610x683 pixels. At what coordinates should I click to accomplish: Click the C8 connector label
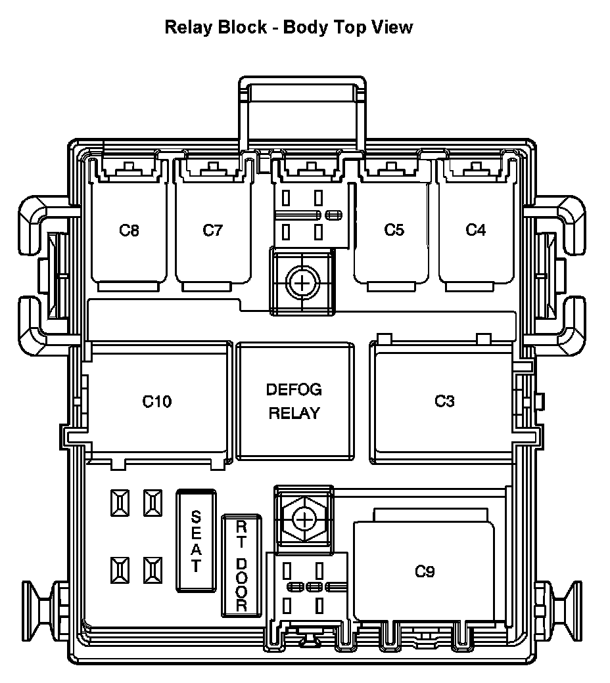[129, 231]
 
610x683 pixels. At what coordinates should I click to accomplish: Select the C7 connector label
[212, 231]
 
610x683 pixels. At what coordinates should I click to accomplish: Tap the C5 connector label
[394, 231]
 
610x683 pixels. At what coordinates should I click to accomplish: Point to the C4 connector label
[475, 231]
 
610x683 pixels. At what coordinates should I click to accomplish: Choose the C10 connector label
[157, 401]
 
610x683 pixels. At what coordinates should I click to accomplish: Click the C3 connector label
[444, 401]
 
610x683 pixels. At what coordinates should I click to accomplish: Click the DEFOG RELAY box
[294, 401]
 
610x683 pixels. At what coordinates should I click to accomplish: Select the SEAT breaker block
[195, 540]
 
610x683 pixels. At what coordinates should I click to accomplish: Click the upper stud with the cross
[302, 283]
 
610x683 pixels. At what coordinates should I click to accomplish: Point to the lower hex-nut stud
[302, 519]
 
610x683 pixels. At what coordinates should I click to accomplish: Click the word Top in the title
[352, 27]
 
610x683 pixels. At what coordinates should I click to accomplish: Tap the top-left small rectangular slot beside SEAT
[120, 504]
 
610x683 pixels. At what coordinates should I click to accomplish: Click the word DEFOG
[294, 389]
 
